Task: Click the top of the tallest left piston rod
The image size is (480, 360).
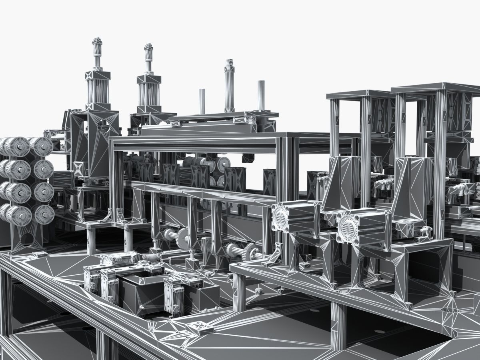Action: click(x=97, y=40)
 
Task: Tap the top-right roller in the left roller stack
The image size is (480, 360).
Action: click(x=42, y=146)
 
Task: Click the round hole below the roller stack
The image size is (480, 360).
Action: click(x=27, y=239)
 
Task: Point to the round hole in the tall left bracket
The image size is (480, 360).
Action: click(x=104, y=126)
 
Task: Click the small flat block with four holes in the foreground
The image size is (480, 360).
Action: click(x=200, y=328)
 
